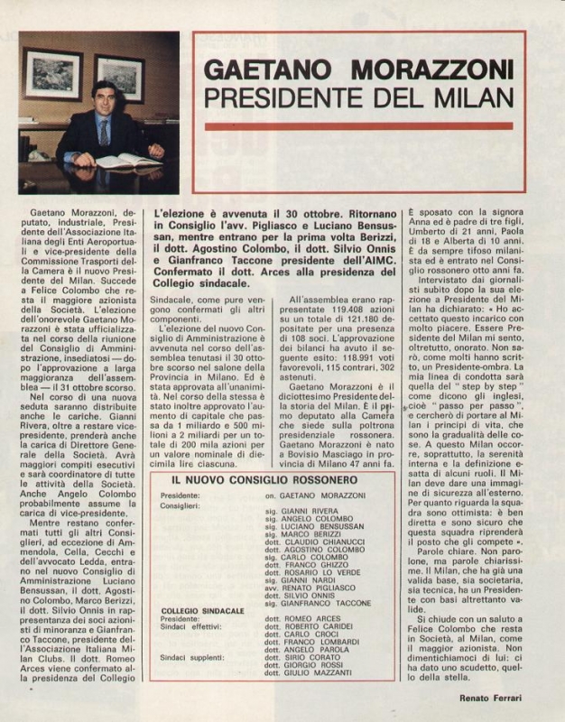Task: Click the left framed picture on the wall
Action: click(53, 75)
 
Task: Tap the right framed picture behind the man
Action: click(119, 79)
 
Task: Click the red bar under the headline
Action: click(358, 126)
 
